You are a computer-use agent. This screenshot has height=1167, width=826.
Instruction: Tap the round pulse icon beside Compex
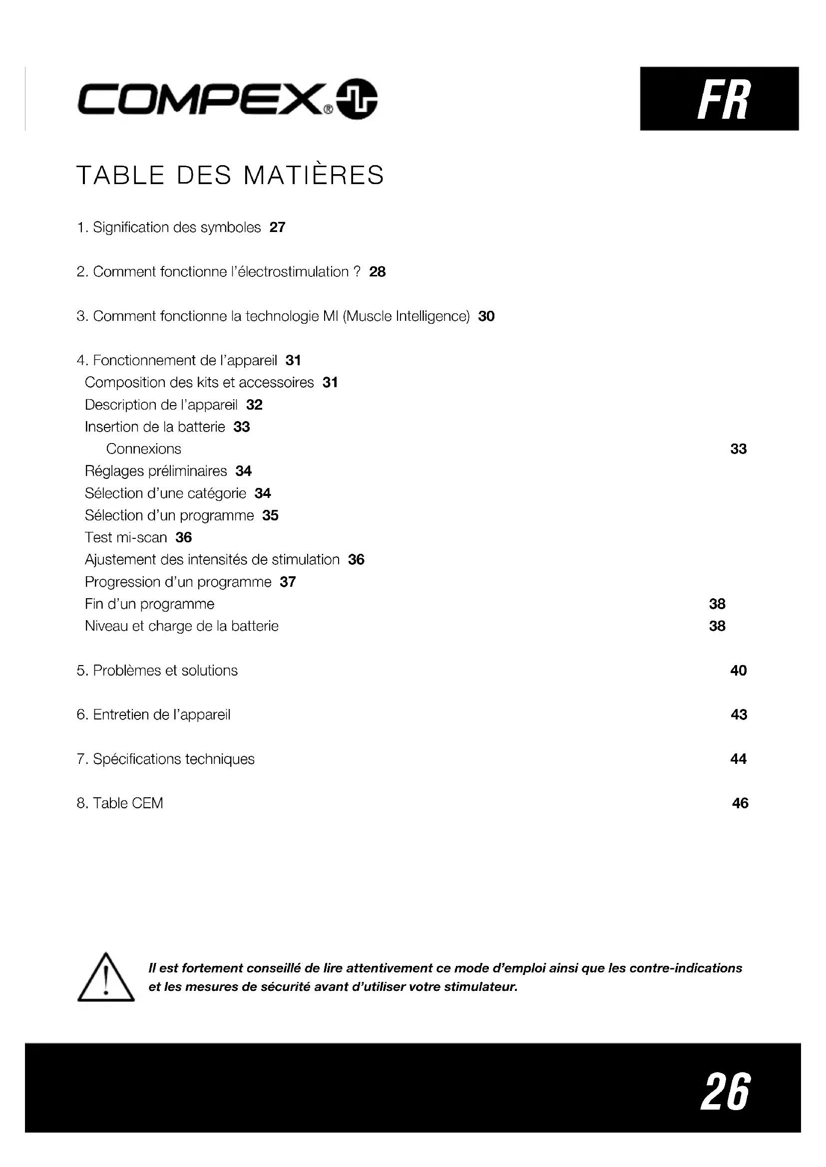click(357, 99)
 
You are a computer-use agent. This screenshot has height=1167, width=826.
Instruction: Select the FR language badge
click(719, 99)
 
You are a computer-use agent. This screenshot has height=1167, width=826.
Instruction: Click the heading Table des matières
click(230, 175)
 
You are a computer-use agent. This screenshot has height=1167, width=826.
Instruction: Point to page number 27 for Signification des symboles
click(277, 227)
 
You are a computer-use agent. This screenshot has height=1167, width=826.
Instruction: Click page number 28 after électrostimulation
click(378, 272)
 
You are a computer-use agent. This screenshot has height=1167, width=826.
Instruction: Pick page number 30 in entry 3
click(486, 316)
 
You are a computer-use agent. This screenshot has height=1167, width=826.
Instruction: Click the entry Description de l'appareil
click(161, 405)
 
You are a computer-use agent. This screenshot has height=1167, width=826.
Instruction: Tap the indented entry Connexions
click(143, 449)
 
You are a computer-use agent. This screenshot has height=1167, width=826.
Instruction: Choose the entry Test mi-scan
click(126, 537)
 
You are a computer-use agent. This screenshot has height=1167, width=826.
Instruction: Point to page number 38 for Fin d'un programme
click(717, 604)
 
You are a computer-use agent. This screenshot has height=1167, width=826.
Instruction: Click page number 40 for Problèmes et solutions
click(738, 671)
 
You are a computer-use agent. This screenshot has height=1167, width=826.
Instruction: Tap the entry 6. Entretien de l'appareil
click(154, 714)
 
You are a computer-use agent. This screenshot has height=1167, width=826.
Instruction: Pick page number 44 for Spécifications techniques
click(738, 759)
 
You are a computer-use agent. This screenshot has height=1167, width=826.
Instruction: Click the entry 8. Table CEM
click(120, 803)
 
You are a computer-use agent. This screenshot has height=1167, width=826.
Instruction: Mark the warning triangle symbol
click(106, 978)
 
